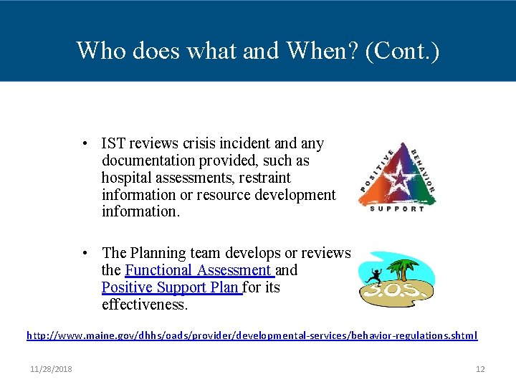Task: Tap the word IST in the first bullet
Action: [113, 143]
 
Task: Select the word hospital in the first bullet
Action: [124, 178]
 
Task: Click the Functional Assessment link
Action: [198, 270]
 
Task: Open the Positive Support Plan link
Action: [171, 287]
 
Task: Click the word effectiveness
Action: [144, 305]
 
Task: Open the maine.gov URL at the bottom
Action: [252, 335]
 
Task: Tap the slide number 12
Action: [480, 369]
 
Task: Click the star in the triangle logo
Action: [397, 175]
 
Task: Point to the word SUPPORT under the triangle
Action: [397, 208]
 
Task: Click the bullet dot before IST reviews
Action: [85, 143]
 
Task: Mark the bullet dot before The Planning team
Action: [85, 253]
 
